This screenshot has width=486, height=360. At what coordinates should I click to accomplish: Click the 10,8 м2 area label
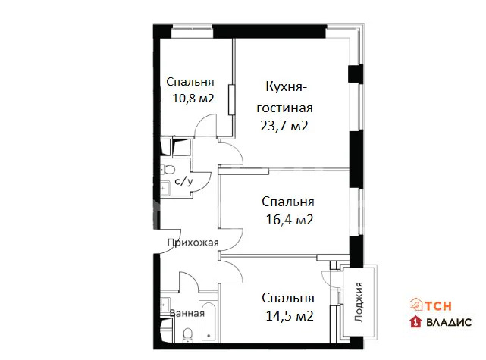pos(193,98)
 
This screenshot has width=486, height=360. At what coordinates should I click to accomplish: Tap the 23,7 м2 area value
pos(284,126)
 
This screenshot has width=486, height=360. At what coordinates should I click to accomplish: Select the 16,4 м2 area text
pos(288,220)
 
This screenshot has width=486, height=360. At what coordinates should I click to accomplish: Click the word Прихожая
pos(193,243)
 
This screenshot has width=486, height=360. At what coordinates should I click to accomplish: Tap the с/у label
pos(183,182)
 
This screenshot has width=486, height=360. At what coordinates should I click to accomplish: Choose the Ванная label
pos(187,312)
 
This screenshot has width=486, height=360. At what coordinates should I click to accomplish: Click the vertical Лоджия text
pos(359,300)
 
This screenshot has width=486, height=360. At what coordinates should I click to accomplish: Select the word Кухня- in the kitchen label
pos(288,86)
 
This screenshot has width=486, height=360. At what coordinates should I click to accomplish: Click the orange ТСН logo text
pos(441,306)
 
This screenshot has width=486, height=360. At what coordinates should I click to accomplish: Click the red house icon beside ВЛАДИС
pos(416,322)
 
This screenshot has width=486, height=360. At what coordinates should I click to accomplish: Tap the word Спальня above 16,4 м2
pos(288,202)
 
